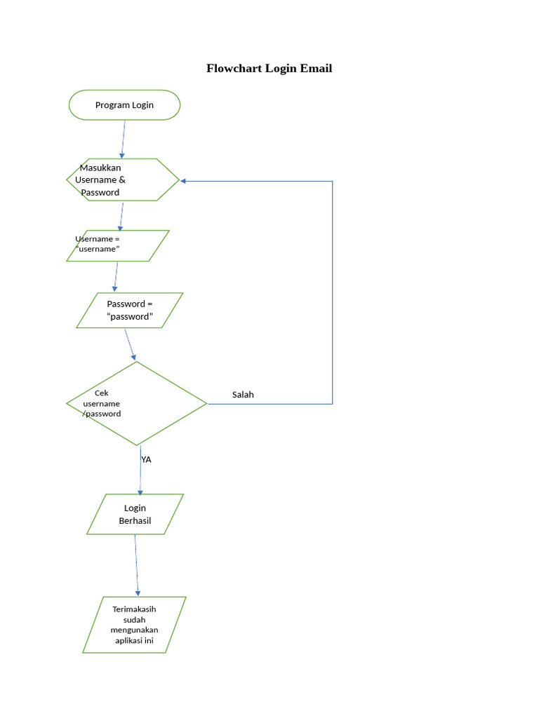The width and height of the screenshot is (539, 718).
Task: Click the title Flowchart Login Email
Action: [x=269, y=68]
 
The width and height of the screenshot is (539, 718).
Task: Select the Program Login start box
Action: [x=124, y=105]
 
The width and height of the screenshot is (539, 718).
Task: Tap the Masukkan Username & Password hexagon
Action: [x=123, y=180]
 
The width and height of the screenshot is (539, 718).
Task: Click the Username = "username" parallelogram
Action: [x=118, y=245]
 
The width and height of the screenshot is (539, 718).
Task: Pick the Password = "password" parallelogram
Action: [x=129, y=310]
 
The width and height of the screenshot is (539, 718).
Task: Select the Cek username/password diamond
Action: [x=137, y=403]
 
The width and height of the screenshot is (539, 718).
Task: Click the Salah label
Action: [x=243, y=395]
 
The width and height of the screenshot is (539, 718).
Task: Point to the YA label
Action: [x=146, y=460]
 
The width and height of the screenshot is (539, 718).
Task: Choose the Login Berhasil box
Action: [x=135, y=514]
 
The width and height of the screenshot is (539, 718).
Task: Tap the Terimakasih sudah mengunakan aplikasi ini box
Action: [x=134, y=625]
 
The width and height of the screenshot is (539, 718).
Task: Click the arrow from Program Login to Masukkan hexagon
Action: [x=124, y=139]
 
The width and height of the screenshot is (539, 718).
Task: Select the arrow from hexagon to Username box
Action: [x=121, y=216]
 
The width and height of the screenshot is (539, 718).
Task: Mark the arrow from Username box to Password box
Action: [x=117, y=277]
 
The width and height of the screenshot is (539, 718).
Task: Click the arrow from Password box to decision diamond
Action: [x=131, y=345]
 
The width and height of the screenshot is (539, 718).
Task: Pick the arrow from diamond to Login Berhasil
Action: [x=140, y=470]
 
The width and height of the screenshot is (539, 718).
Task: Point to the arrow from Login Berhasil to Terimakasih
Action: [x=136, y=565]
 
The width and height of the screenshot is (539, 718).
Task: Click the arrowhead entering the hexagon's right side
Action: [x=184, y=181]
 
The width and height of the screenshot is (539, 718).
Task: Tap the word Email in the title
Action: [x=316, y=68]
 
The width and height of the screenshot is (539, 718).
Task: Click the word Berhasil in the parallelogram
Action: [x=135, y=521]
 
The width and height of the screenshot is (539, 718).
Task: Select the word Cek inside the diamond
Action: [x=102, y=393]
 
